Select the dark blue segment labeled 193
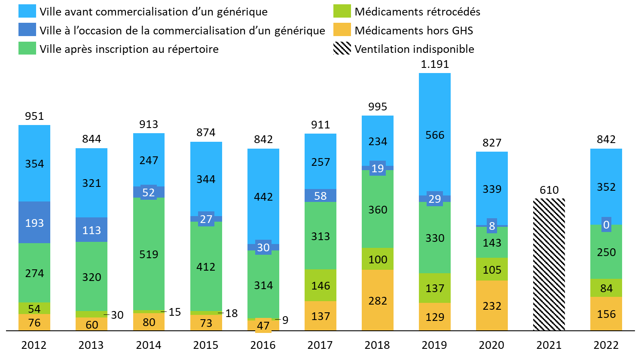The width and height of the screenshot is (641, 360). point(34,223)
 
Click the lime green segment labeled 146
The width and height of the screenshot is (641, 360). point(320,285)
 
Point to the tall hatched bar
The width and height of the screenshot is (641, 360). point(549,264)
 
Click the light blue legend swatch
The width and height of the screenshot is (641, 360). point(27,11)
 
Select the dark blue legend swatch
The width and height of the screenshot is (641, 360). point(27,30)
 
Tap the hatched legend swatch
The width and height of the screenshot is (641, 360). point(342,48)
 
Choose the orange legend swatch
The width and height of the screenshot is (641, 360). point(342,30)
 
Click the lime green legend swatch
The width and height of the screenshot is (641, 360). point(342,11)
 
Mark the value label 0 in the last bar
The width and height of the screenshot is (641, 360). point(606,225)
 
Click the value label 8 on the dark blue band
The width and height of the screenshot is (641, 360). point(492,226)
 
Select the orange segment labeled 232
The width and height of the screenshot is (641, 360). point(492,305)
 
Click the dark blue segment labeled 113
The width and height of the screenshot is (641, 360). point(92,230)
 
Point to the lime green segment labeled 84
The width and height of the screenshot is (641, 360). point(606,288)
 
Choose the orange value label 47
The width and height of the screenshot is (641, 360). point(263,326)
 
